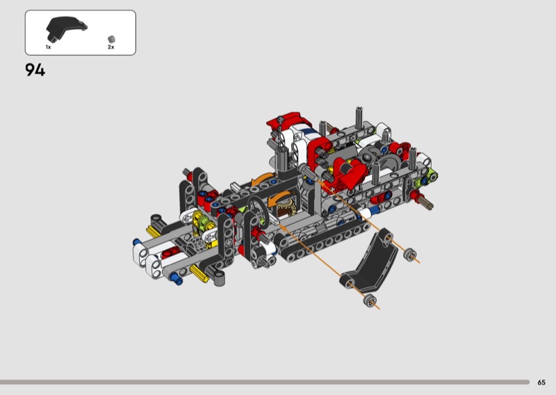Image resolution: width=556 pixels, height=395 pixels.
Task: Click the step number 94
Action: point(35,70)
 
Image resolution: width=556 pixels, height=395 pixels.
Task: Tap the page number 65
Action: point(541,382)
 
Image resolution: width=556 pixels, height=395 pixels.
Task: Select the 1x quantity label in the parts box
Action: point(48,47)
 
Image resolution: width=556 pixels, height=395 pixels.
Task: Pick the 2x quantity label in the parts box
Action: point(111,47)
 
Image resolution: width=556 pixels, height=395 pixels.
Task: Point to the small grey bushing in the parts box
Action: point(111,39)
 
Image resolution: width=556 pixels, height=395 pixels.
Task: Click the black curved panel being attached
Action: point(370,263)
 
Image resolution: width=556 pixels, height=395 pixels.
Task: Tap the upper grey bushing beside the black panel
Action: point(410,255)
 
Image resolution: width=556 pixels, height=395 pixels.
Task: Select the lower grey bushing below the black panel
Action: point(370,301)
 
